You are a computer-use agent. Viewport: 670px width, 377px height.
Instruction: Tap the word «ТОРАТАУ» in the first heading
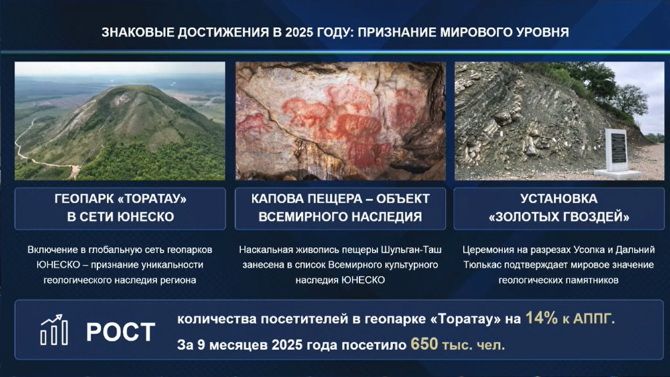pos(151,199)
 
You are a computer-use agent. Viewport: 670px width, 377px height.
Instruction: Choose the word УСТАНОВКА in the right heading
pos(559,199)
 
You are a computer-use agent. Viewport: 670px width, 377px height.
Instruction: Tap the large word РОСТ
pos(121,332)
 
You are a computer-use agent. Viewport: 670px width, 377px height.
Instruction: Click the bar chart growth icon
pos(54,330)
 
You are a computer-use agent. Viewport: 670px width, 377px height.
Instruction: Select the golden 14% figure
pos(541,319)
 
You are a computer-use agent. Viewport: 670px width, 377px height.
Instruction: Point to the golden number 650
pos(424,344)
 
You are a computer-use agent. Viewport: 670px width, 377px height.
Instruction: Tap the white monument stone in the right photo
pos(616,152)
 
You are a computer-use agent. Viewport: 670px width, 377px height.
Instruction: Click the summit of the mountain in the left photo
pos(137,87)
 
